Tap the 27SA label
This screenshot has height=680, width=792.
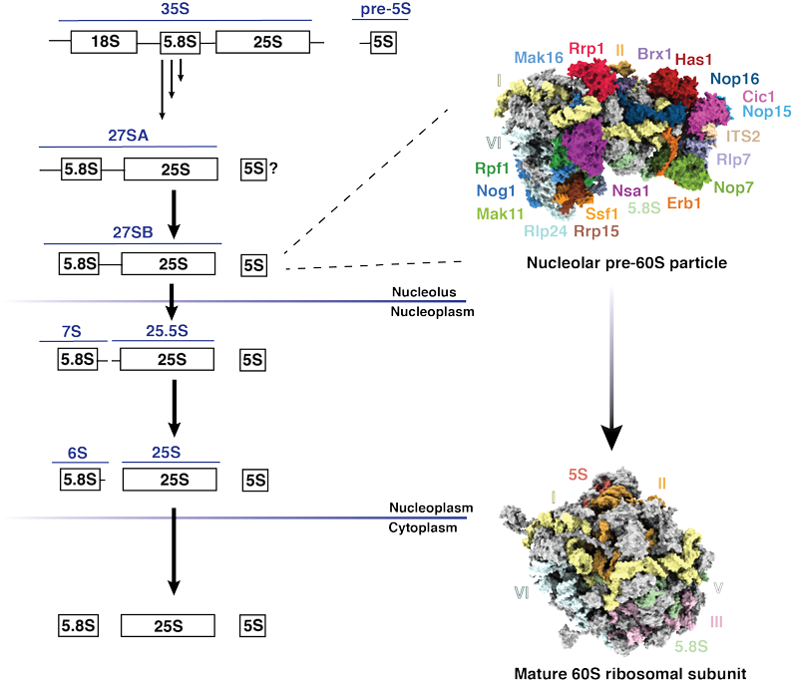click(x=130, y=137)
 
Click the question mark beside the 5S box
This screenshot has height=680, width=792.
click(x=272, y=169)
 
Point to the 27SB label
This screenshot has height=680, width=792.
click(x=132, y=232)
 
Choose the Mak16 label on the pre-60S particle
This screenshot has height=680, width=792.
click(x=539, y=59)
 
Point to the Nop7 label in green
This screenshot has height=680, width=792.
click(x=733, y=186)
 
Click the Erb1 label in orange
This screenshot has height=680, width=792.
click(x=683, y=202)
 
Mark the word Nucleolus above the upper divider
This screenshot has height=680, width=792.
click(x=423, y=293)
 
